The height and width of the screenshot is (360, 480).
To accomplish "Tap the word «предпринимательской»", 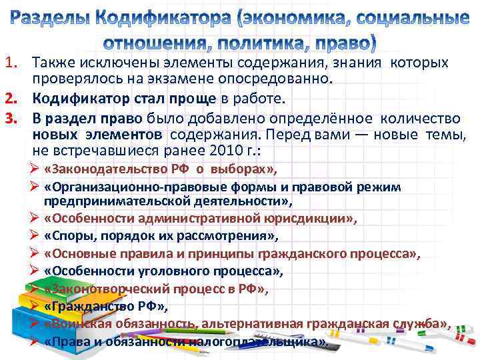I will pos(115,201).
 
